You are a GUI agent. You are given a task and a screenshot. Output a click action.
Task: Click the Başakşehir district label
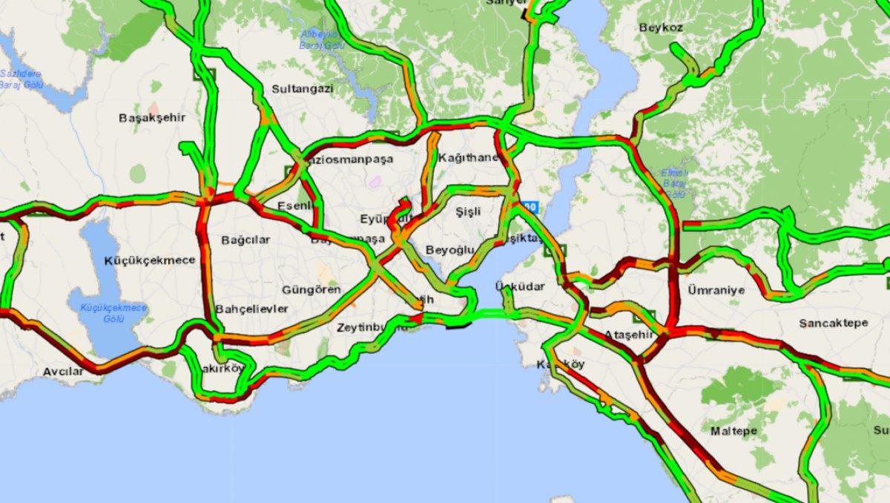click(151, 118)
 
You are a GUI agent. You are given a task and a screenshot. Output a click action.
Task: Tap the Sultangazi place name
click(302, 88)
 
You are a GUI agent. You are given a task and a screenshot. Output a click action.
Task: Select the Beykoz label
click(660, 27)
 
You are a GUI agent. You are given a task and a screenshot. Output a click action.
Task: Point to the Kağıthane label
click(467, 158)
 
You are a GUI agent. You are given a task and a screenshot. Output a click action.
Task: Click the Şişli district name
click(468, 211)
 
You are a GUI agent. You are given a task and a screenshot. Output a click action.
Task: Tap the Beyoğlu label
click(449, 250)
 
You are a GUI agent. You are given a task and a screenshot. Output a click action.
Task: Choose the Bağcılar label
click(245, 240)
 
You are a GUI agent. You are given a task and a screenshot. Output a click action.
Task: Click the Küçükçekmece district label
click(150, 260)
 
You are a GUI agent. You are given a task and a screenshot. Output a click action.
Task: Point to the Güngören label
click(311, 289)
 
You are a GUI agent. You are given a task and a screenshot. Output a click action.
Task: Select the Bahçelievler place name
click(251, 309)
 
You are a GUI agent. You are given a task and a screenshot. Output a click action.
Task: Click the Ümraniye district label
click(716, 290)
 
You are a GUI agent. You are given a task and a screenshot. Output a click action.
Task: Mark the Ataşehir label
click(629, 335)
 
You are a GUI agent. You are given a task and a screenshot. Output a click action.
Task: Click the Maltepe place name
click(734, 431)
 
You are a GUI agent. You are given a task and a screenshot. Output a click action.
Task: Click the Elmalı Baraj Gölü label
click(673, 183)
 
